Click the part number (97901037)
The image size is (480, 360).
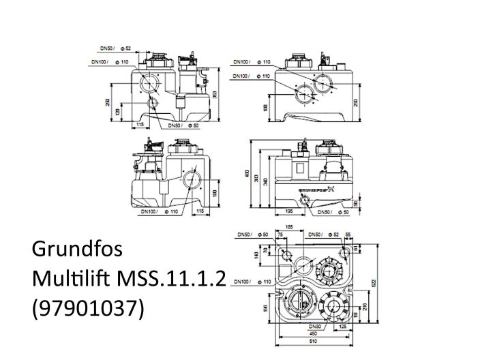click(x=89, y=308)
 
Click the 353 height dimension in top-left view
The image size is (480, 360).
click(x=215, y=95)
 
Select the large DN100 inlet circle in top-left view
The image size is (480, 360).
click(x=148, y=83)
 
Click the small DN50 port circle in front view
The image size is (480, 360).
click(x=306, y=200)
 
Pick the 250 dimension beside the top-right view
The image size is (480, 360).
click(x=355, y=103)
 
